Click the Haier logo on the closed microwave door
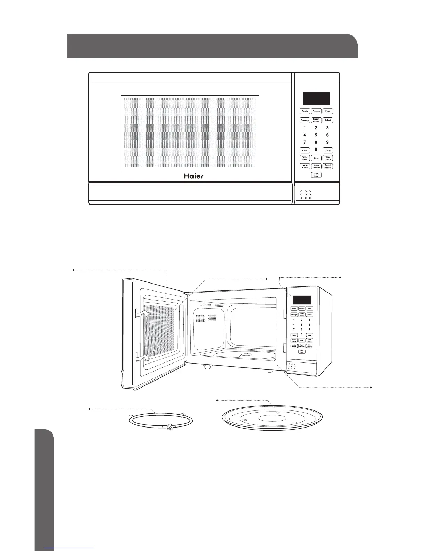point(194,176)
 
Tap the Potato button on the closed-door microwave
point(305,111)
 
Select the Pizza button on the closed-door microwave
point(328,111)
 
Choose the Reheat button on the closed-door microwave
point(328,120)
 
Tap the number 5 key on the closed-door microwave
point(316,135)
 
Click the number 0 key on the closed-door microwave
point(316,150)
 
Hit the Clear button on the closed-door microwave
point(328,151)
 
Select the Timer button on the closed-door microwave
point(316,158)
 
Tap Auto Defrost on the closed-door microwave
point(316,167)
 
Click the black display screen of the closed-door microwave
point(316,99)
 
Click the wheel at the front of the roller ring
point(169,428)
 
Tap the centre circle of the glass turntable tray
point(272,418)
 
